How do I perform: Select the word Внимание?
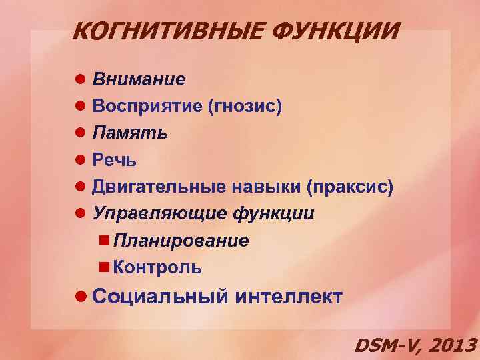click(139, 80)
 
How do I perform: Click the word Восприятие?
click(147, 107)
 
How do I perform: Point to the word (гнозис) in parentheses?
click(245, 107)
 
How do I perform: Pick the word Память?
click(130, 133)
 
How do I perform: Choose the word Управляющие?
click(160, 214)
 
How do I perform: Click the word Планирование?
click(181, 241)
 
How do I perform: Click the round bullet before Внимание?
click(81, 80)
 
